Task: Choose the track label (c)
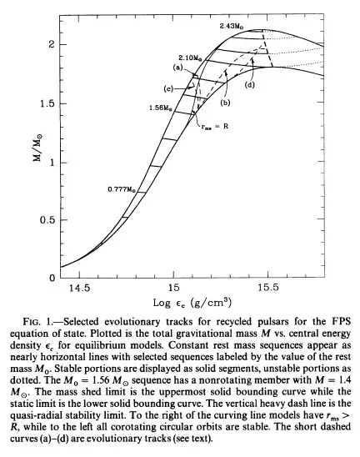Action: pyautogui.click(x=168, y=88)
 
